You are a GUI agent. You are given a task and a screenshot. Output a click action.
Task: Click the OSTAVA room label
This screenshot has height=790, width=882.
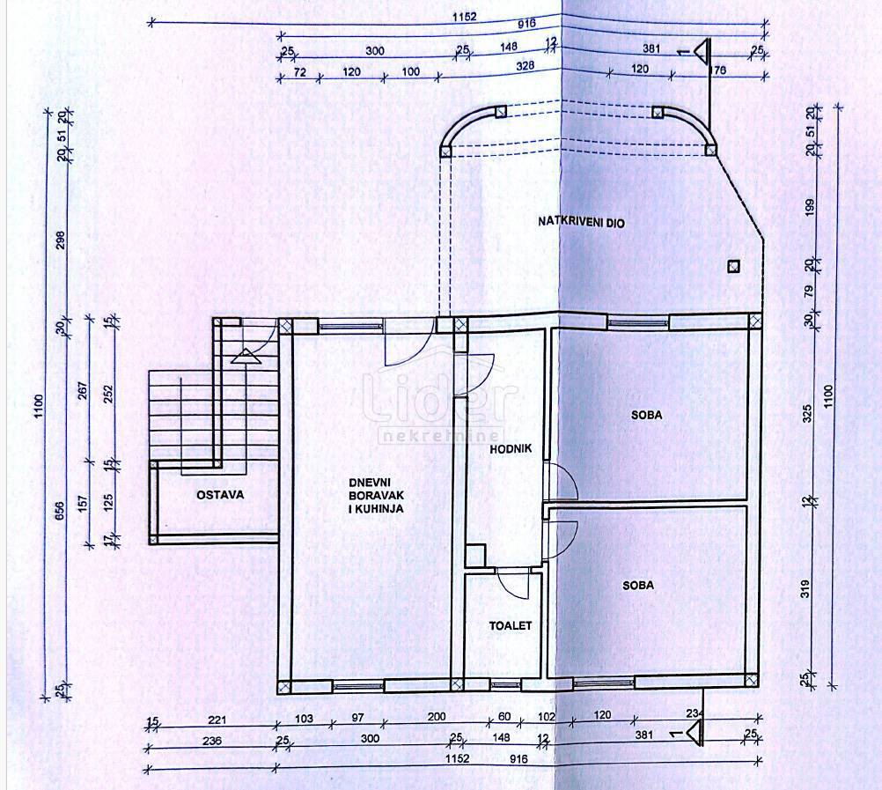219,495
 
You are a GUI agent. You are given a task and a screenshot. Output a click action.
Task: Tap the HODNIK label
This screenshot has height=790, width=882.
511,449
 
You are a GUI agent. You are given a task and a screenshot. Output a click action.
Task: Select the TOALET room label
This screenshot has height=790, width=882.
511,625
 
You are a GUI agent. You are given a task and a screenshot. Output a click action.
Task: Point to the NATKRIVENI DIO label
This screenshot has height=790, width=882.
581,223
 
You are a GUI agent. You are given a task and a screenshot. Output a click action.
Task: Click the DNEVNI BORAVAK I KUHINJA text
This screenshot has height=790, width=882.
376,495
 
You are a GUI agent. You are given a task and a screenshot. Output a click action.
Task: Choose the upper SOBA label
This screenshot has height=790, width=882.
645,415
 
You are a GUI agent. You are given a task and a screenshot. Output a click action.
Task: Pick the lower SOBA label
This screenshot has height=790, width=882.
638,585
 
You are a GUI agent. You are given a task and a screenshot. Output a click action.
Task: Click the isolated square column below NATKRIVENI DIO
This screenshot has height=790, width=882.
732,266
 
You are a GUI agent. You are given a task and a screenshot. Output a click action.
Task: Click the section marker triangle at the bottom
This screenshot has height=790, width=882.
695,731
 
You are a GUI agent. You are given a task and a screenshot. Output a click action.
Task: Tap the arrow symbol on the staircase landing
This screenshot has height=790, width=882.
244,356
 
